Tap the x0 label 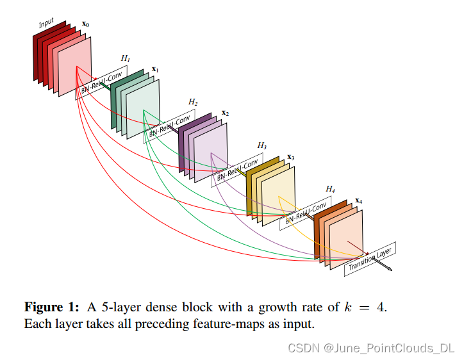coord(85,24)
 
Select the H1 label coord(126,58)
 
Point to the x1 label coord(154,69)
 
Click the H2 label coord(193,102)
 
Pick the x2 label coord(225,113)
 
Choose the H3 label coord(261,145)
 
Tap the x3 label coord(290,156)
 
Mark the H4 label coord(330,189)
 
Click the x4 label coord(359,200)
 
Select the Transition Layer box coord(370,259)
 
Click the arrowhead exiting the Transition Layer coord(390,268)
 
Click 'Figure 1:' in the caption coord(51,307)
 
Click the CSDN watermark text coord(370,348)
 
